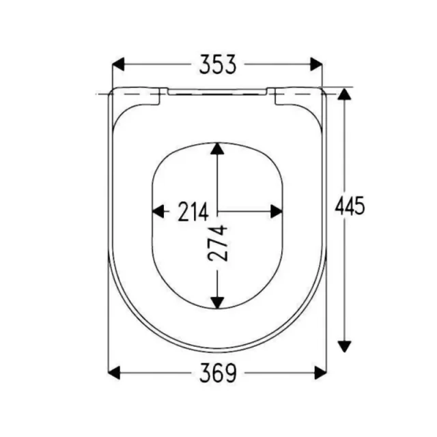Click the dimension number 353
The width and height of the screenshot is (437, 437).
218,65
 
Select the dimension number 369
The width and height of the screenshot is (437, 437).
218,373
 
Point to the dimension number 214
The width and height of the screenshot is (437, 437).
193,212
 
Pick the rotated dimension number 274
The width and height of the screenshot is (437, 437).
218,244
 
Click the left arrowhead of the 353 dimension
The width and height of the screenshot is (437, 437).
118,65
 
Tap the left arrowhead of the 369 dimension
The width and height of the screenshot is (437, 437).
115,373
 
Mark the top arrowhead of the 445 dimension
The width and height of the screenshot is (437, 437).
344,96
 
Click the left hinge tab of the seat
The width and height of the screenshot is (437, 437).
139,96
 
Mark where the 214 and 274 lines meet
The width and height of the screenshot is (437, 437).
217,212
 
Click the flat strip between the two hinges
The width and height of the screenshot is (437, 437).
218,90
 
